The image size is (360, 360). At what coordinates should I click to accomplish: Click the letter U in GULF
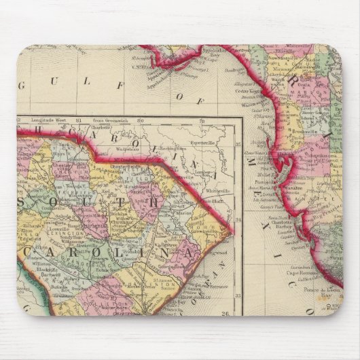[x=68, y=85]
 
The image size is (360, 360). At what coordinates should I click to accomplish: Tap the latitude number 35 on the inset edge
[x=237, y=145]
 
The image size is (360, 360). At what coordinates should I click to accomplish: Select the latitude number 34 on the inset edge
[x=237, y=219]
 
